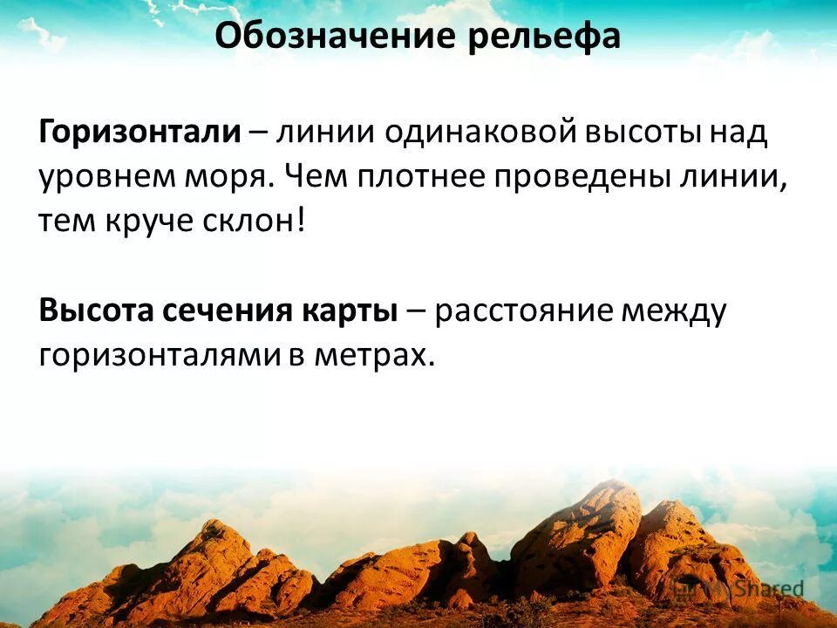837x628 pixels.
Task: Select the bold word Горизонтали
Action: point(139,133)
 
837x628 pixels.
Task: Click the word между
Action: point(672,311)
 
